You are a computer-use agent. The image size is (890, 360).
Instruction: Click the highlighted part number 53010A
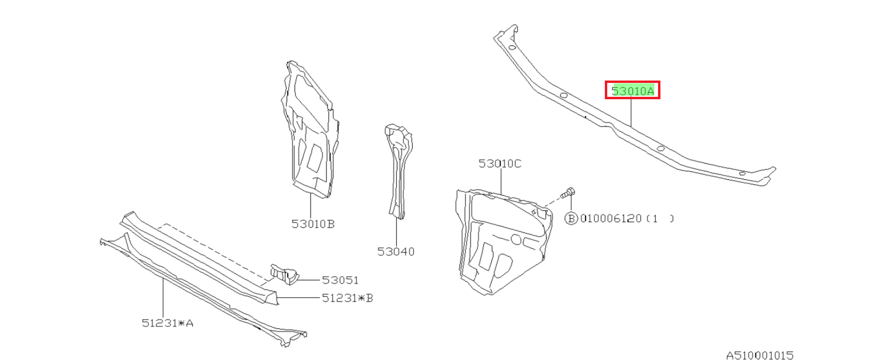[x=633, y=91]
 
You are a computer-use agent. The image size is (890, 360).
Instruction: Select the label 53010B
[x=313, y=224]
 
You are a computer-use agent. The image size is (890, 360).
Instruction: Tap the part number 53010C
[x=500, y=163]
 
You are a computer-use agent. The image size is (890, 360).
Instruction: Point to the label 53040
[x=396, y=252]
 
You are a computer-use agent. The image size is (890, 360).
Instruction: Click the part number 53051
[x=340, y=280]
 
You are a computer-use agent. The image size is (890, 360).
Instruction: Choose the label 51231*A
[x=168, y=323]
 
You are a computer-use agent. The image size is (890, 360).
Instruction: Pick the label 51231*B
[x=347, y=298]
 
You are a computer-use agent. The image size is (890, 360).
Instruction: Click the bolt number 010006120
[x=611, y=219]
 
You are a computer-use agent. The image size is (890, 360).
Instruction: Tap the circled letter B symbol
[x=571, y=219]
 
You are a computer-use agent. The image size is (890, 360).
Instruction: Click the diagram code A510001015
[x=760, y=355]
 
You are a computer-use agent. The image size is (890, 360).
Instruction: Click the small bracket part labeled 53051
[x=285, y=275]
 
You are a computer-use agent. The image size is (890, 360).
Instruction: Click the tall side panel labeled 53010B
[x=310, y=128]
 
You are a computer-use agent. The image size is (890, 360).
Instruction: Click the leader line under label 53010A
[x=632, y=112]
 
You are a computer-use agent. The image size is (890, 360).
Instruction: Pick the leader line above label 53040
[x=397, y=232]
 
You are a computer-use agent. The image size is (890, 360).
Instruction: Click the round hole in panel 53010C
[x=516, y=239]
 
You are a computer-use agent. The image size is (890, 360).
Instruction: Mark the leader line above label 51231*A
[x=163, y=297]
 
